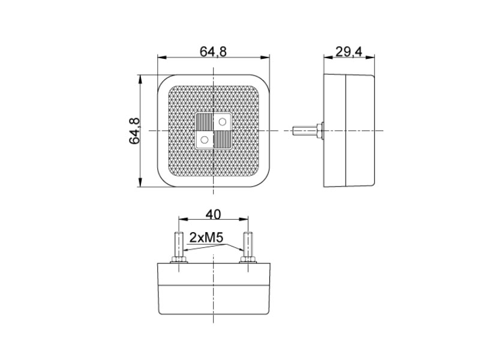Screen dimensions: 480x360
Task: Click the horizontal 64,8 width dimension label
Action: (x=213, y=52)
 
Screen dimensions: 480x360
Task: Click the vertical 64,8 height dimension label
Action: (x=134, y=131)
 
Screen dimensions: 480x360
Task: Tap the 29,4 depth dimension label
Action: (x=349, y=52)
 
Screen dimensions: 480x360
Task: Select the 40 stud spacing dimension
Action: (x=213, y=215)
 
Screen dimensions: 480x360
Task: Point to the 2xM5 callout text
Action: (x=206, y=238)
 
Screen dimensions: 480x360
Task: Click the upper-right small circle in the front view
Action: (x=223, y=122)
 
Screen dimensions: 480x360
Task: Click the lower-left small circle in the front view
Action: (x=204, y=140)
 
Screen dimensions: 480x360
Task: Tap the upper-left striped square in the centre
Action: (x=204, y=122)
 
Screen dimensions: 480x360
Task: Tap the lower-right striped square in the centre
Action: (x=222, y=140)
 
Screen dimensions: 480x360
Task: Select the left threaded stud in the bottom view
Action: (x=178, y=245)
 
